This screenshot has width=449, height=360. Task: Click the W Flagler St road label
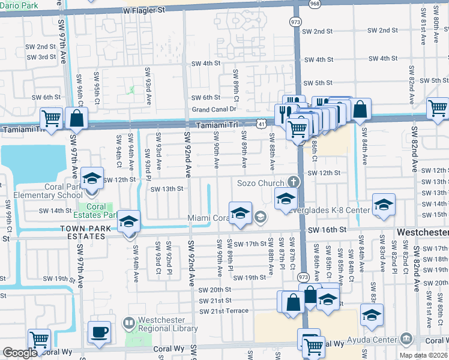pyautogui.click(x=143, y=11)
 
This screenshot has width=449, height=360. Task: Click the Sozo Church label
pyautogui.click(x=261, y=182)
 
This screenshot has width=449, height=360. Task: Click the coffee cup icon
pyautogui.click(x=100, y=331)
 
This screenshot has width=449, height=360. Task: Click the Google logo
pyautogui.click(x=20, y=353)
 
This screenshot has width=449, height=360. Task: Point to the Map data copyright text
pyautogui.click(x=423, y=355)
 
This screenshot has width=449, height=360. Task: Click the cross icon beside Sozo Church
pyautogui.click(x=293, y=181)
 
